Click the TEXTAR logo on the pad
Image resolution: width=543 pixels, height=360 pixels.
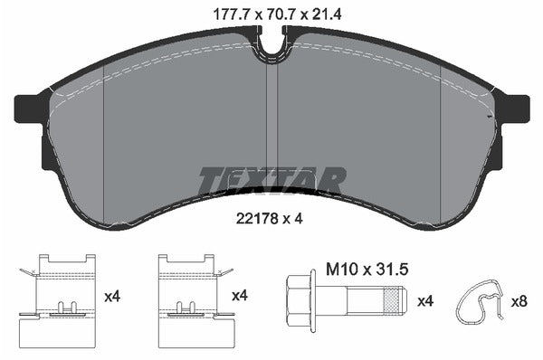point(271,179)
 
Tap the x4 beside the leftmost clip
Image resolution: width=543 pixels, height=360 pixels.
point(114,295)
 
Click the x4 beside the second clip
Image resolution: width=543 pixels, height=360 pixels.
point(241,295)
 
